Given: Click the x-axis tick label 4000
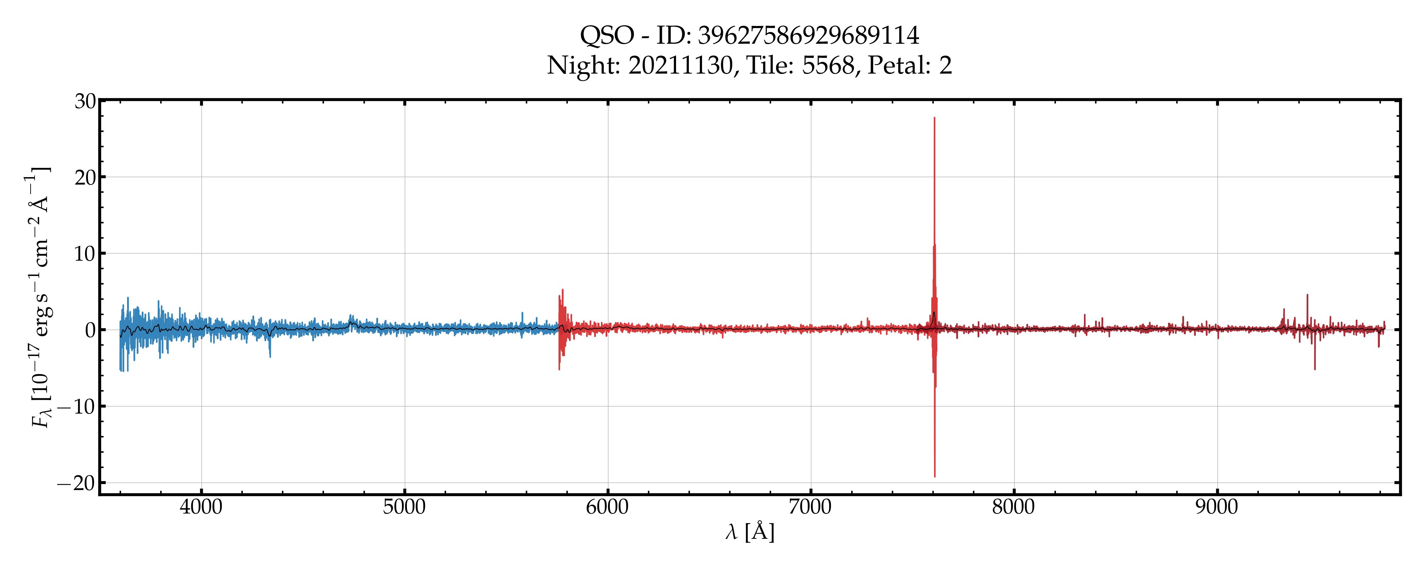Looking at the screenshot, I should [x=201, y=506].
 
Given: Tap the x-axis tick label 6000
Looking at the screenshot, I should [x=608, y=506].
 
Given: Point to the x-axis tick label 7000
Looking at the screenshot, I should [x=810, y=506].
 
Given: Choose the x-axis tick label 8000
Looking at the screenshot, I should [x=1013, y=506].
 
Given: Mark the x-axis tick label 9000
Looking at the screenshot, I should [x=1217, y=506].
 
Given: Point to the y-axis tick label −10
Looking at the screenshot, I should [x=77, y=407].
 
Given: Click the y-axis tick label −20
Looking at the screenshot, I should [x=77, y=483].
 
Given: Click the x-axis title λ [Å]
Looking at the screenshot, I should [x=750, y=532].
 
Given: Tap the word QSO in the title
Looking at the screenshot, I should [x=606, y=36].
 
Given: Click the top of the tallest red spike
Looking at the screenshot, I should [x=934, y=118].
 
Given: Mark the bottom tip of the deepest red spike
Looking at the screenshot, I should [x=935, y=476].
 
